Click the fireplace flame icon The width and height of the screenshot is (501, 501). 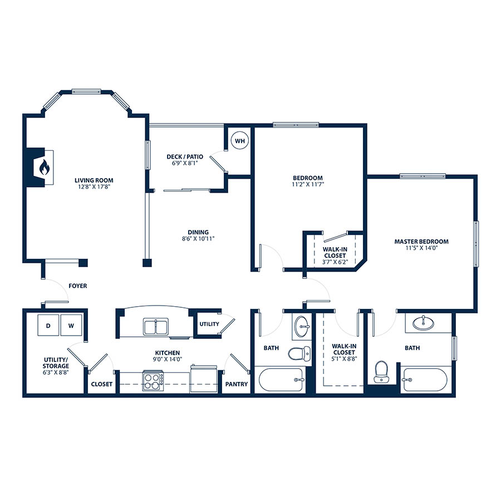(45, 167)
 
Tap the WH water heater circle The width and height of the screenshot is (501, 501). (240, 141)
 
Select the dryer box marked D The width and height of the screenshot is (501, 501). (48, 325)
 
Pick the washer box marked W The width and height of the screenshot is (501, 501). (71, 325)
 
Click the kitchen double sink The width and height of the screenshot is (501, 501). (156, 327)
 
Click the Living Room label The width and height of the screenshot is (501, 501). (94, 180)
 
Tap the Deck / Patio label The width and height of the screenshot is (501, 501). (185, 156)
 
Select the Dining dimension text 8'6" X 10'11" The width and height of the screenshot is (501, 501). (198, 238)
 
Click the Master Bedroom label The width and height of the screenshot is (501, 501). (421, 242)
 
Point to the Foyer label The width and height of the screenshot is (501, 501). (77, 286)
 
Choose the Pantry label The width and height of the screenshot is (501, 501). (237, 384)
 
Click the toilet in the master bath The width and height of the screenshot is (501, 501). (381, 372)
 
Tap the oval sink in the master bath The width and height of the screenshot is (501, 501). (424, 323)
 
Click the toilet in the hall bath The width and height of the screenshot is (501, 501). (299, 353)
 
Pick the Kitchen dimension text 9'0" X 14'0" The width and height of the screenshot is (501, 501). (168, 359)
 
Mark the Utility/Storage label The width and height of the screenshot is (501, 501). (56, 362)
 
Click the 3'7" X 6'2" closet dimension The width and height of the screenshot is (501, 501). (335, 262)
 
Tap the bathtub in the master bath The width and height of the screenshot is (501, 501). (425, 380)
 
